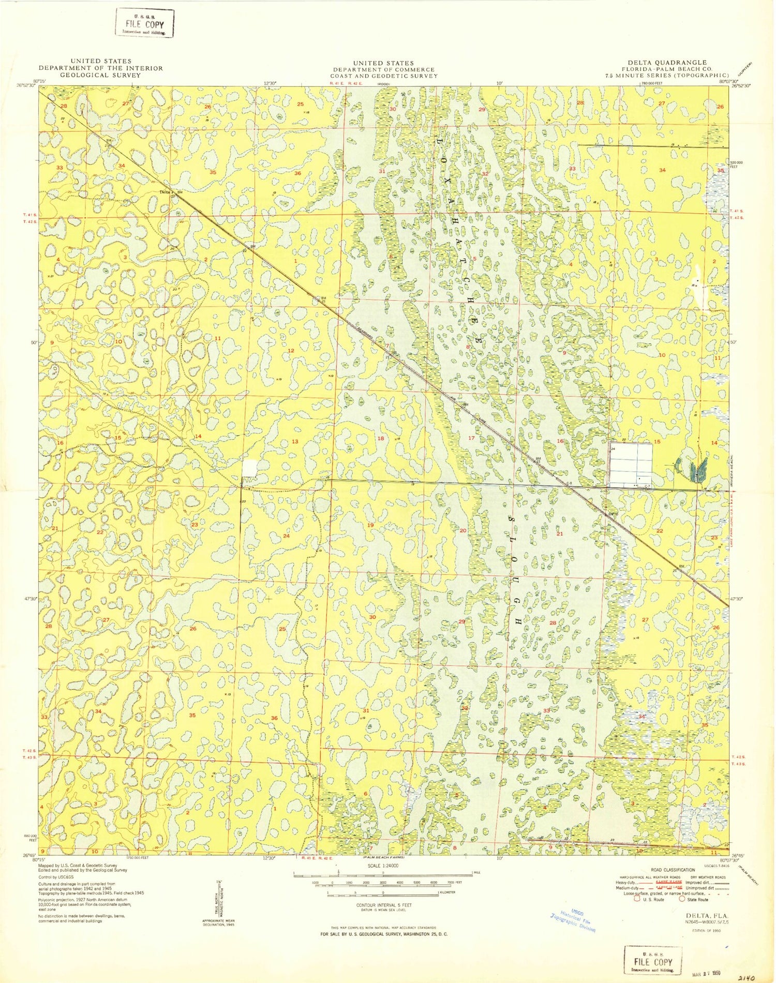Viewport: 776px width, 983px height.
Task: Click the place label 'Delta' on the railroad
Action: click(164, 192)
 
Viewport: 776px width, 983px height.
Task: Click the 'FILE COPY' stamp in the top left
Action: click(144, 24)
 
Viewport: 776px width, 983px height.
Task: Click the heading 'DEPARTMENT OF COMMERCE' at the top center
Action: click(384, 69)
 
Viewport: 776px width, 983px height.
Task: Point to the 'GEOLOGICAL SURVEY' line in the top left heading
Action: click(101, 75)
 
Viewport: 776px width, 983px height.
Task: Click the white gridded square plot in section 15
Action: click(631, 465)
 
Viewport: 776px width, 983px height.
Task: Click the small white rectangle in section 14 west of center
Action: click(249, 468)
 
